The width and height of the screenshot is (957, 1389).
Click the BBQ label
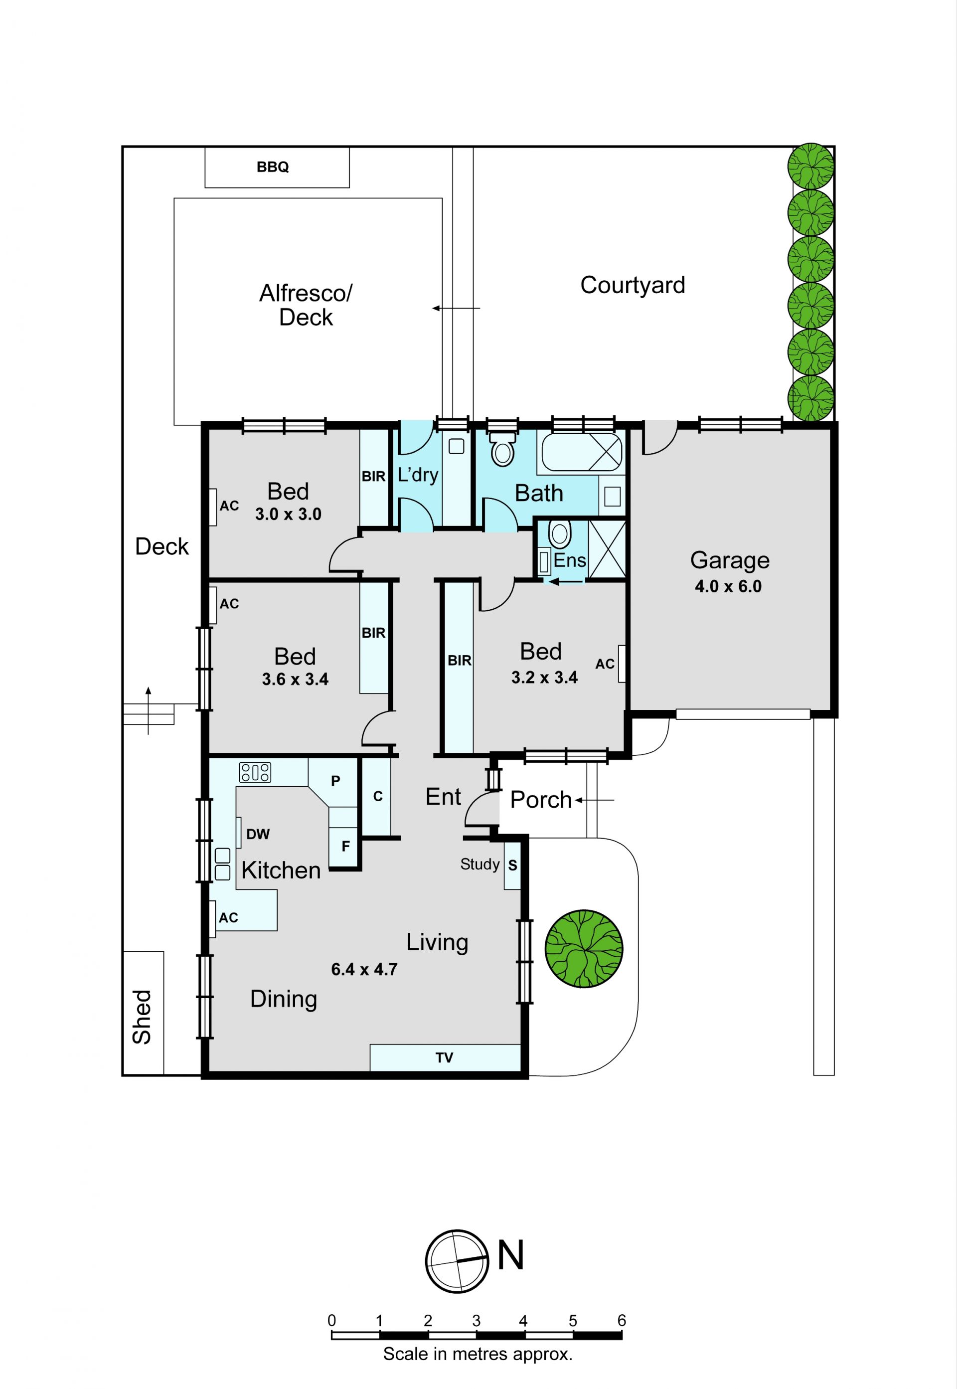[x=273, y=167]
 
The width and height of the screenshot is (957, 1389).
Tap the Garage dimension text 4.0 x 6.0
[x=728, y=586]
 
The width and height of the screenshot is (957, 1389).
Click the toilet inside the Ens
[x=559, y=534]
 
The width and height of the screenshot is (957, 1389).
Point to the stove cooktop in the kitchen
[x=255, y=772]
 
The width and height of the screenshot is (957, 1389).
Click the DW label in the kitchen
[x=258, y=834]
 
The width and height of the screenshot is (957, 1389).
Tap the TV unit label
[x=444, y=1057]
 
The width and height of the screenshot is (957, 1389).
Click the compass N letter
[x=510, y=1255]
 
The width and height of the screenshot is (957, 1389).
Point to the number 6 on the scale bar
[x=622, y=1320]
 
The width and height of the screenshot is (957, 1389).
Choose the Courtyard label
[x=633, y=286]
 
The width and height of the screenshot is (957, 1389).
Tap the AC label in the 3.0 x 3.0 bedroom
[x=229, y=506]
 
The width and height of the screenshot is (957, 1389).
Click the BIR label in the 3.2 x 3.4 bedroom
[x=460, y=660]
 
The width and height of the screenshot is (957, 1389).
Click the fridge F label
[x=346, y=846]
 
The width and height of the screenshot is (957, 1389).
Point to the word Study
[x=479, y=864]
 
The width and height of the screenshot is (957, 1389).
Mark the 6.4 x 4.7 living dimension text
[x=364, y=969]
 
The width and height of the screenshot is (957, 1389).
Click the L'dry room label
[x=418, y=475]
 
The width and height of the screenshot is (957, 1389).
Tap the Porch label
[x=541, y=800]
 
